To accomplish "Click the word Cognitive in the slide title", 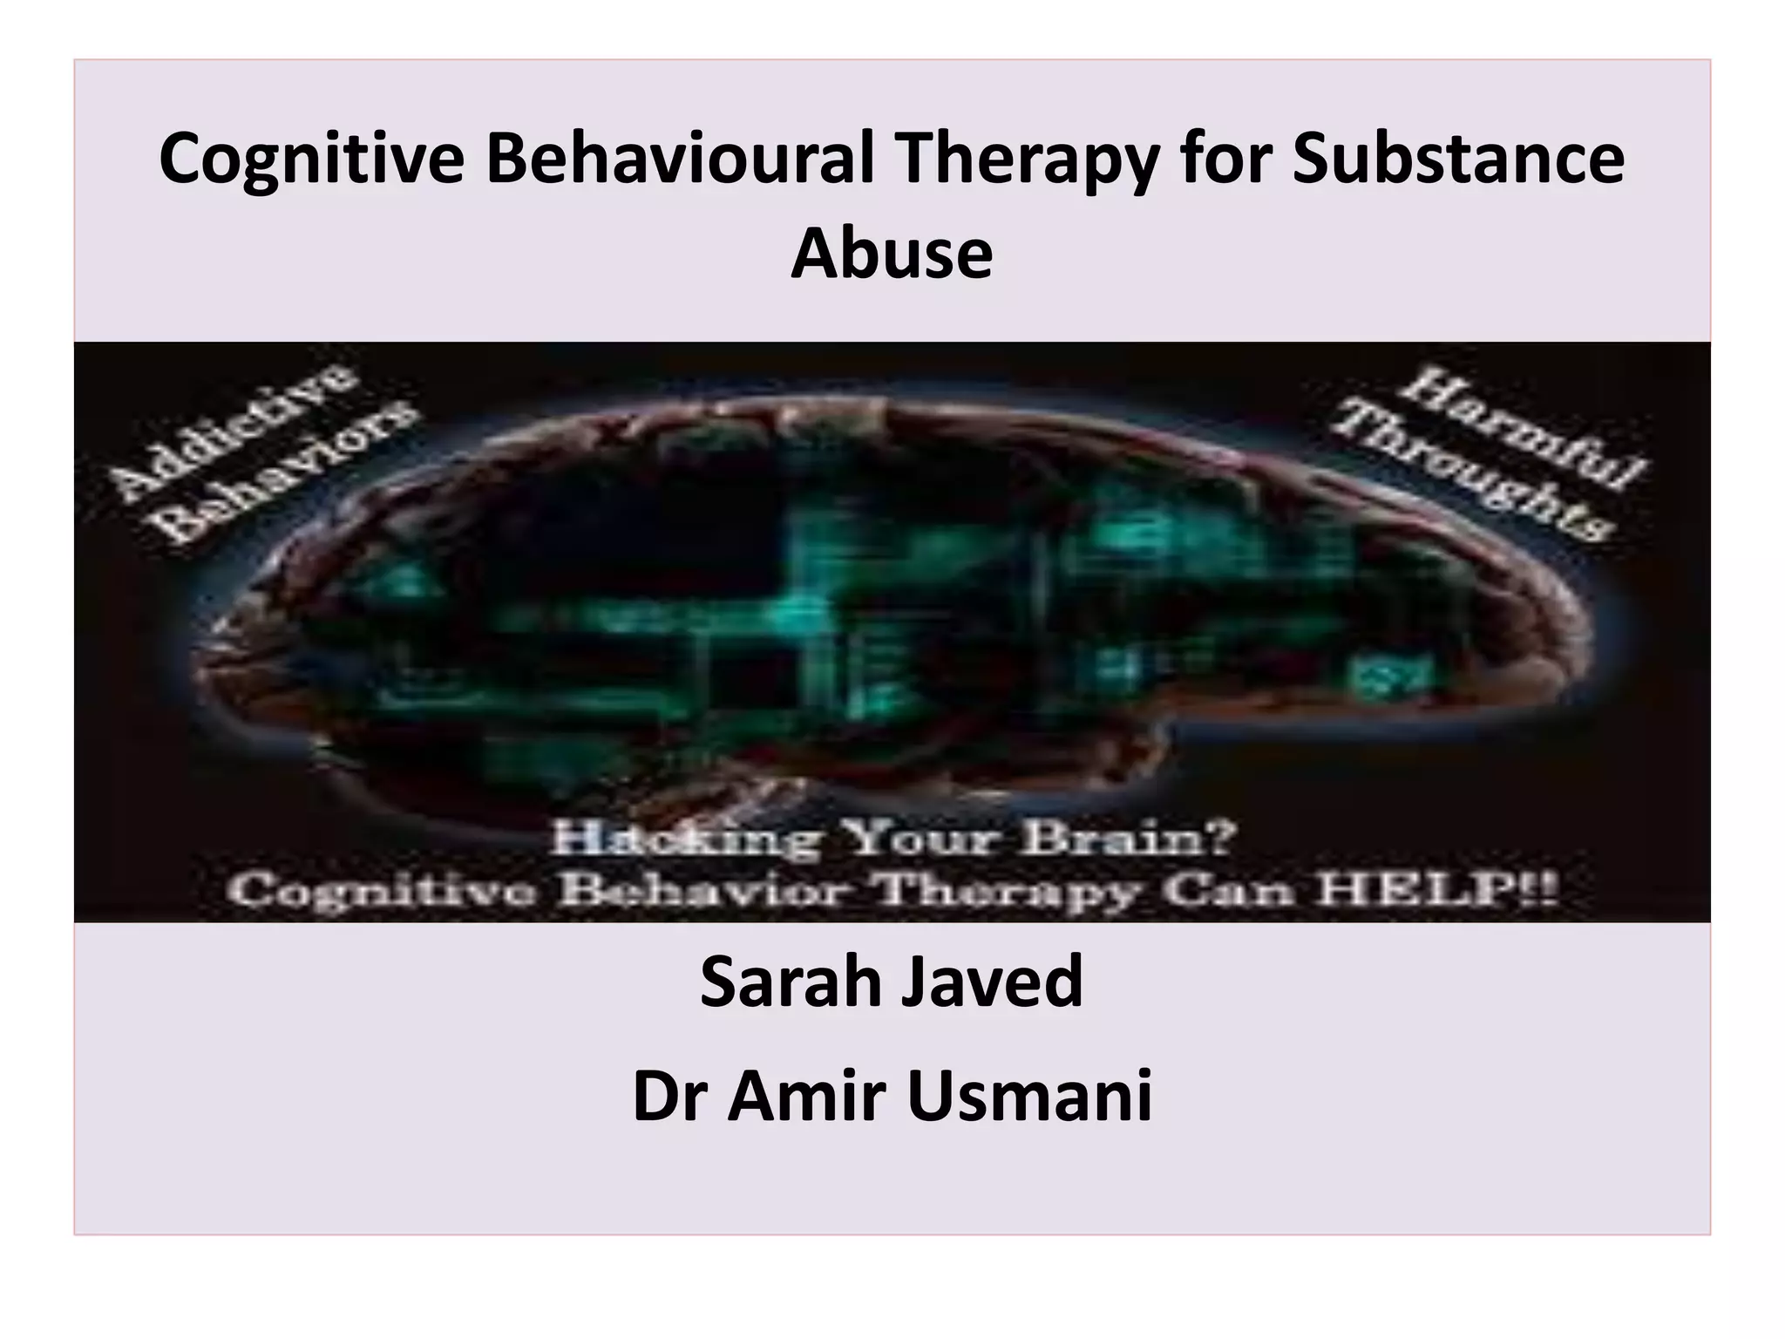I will click(313, 161).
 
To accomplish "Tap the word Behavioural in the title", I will click(680, 161).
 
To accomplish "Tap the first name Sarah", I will click(790, 982).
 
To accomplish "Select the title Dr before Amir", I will click(670, 1097).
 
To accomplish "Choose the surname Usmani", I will click(1029, 1097).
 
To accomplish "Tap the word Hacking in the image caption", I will click(685, 840).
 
